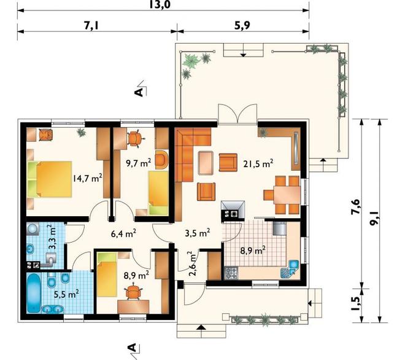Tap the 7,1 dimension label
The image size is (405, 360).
92,26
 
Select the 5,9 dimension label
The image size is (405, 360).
242,26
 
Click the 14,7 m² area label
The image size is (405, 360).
88,178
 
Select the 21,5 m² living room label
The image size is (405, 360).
258,163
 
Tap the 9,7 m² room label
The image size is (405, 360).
139,163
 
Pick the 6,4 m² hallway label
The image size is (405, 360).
123,233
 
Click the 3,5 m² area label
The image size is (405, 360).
198,233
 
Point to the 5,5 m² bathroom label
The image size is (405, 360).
66,294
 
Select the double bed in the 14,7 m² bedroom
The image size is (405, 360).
50,179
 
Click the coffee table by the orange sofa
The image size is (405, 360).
206,163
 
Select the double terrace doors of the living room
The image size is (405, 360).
237,114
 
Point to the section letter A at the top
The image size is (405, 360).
139,92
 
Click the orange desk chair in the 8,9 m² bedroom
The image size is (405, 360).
134,292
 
